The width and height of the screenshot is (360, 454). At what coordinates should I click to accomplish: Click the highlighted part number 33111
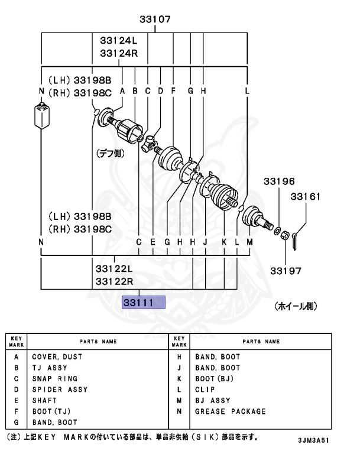tap(138, 303)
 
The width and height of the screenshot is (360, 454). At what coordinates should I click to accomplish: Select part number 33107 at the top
tap(155, 20)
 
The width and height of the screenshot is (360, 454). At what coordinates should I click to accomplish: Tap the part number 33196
tap(279, 181)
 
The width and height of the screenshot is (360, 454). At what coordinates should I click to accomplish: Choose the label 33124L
tap(118, 41)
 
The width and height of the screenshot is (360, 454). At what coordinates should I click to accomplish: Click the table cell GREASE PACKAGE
tap(231, 411)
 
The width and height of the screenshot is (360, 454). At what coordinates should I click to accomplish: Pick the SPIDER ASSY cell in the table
tap(60, 390)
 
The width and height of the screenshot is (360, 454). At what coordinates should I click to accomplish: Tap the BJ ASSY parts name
tap(213, 400)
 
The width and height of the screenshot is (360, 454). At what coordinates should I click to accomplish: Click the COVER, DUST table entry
tap(57, 357)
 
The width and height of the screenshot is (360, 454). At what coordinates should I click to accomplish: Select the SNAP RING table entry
tap(55, 379)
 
